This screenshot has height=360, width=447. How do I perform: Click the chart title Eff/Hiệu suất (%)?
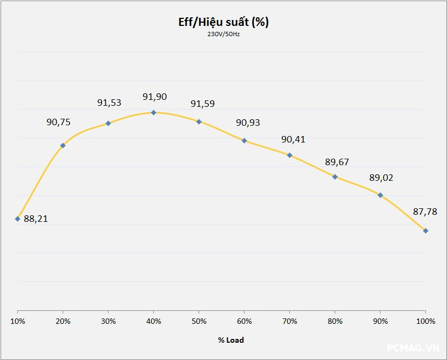[x=223, y=22]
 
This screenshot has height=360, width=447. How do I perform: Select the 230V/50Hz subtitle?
[x=223, y=35]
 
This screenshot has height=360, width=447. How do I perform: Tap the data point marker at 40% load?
[x=153, y=112]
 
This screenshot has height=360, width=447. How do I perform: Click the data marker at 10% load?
[x=18, y=219]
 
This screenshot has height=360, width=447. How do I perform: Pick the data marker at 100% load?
[x=426, y=230]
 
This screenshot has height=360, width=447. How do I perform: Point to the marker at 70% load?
[x=289, y=155]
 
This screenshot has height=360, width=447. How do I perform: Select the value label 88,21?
[x=36, y=219]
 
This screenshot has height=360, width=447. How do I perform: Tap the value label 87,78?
[x=425, y=212]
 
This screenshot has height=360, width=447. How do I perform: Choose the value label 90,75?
[x=58, y=123]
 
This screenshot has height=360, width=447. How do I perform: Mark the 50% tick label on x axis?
[x=199, y=321]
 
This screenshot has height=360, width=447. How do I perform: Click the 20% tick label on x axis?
[x=63, y=321]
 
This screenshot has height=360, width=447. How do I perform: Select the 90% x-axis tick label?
[x=380, y=321]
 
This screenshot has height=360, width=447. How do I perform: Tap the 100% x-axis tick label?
[x=426, y=321]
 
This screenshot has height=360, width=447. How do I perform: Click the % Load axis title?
[x=231, y=340]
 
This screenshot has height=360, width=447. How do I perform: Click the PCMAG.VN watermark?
[x=414, y=349]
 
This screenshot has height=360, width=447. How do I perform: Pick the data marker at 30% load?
[x=108, y=123]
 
